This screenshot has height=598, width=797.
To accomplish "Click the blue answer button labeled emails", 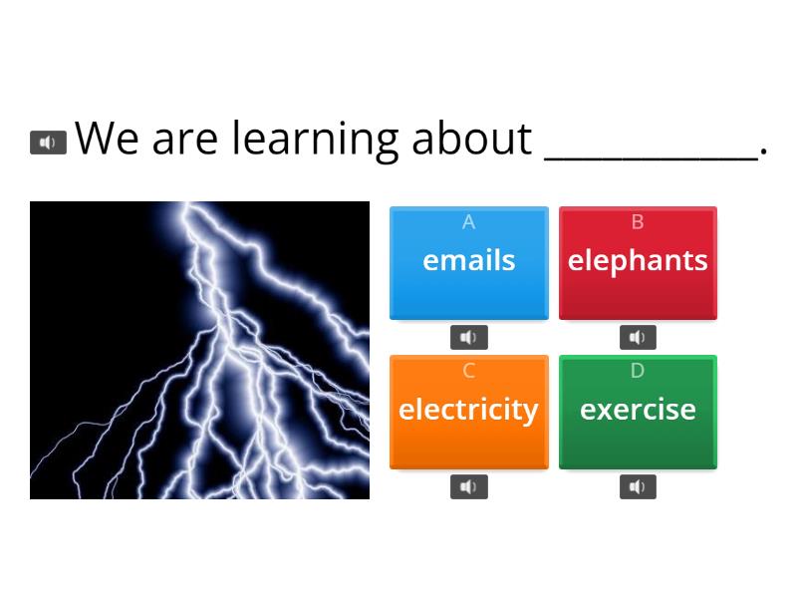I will pyautogui.click(x=468, y=263).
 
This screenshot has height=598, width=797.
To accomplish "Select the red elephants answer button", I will pyautogui.click(x=638, y=263).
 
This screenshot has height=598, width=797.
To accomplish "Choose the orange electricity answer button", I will pyautogui.click(x=468, y=412).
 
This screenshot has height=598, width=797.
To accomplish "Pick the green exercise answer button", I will pyautogui.click(x=638, y=412).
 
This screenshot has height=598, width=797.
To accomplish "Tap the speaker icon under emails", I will pyautogui.click(x=468, y=338).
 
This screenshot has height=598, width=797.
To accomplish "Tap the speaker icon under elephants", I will pyautogui.click(x=638, y=338).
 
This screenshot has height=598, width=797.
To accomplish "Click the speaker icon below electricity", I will pyautogui.click(x=468, y=486).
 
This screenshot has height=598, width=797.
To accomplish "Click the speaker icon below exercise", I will pyautogui.click(x=638, y=486).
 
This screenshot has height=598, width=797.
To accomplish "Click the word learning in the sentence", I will pyautogui.click(x=317, y=139).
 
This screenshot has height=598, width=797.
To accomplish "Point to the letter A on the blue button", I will pyautogui.click(x=468, y=222).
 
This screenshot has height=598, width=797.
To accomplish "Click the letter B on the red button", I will pyautogui.click(x=638, y=222).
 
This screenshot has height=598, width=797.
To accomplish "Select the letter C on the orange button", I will pyautogui.click(x=468, y=371).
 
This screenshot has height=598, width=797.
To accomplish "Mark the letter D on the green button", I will pyautogui.click(x=638, y=371).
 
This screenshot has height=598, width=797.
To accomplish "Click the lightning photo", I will pyautogui.click(x=199, y=350).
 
